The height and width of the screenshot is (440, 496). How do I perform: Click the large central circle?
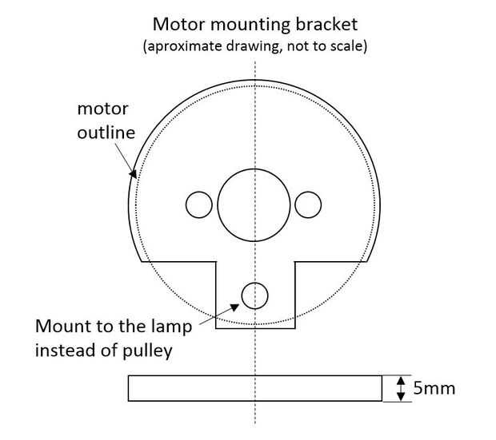click(255, 205)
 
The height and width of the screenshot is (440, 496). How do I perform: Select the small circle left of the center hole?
click(198, 205)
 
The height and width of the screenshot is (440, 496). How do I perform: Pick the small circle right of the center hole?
click(308, 205)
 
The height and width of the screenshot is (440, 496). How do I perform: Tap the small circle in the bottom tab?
click(255, 295)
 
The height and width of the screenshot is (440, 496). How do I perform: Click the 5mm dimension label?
click(434, 389)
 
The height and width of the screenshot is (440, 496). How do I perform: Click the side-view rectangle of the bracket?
click(254, 389)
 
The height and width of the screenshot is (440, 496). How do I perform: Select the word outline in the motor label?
click(106, 133)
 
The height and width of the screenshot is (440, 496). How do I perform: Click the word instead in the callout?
click(64, 350)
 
